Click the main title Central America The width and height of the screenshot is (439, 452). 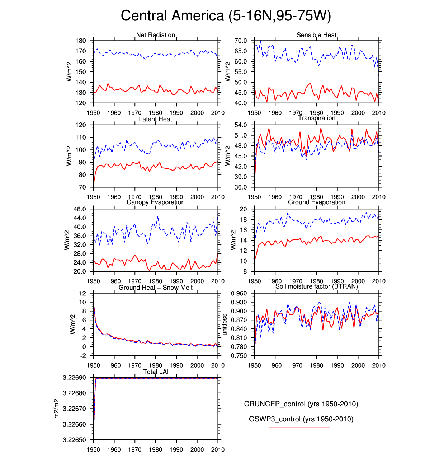(226, 16)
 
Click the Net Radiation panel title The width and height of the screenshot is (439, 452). (155, 35)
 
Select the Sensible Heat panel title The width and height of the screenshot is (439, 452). (316, 35)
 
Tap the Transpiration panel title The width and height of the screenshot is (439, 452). (317, 118)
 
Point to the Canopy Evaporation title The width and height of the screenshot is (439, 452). (155, 202)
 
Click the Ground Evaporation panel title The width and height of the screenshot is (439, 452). (316, 202)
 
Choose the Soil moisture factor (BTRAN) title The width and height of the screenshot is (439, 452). (316, 286)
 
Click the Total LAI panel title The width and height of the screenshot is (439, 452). (155, 372)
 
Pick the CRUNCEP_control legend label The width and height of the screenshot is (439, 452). (301, 404)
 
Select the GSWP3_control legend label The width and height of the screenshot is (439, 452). (301, 419)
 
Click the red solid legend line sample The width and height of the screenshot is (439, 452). (299, 427)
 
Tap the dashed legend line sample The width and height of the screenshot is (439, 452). (299, 411)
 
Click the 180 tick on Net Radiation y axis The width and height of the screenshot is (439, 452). (81, 41)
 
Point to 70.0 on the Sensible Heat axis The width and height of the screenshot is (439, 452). (241, 41)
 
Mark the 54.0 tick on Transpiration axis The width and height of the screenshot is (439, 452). (241, 125)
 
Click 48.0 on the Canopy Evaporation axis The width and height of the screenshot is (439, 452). (80, 209)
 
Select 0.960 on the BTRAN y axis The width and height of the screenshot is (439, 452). (239, 293)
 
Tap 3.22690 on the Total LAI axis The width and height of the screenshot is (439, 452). (74, 378)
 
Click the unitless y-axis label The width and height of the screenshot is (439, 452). (225, 324)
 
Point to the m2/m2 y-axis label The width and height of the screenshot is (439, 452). (56, 409)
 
